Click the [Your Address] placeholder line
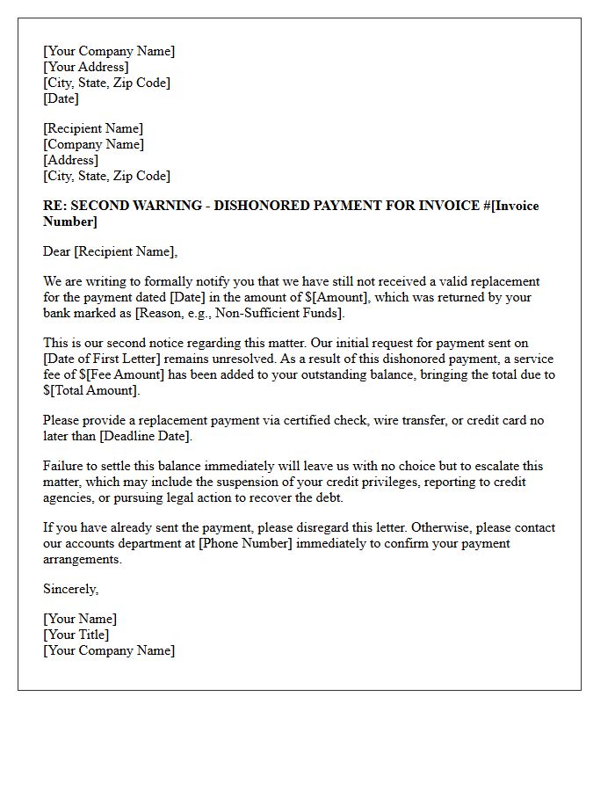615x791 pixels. point(85,67)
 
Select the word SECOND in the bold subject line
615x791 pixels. point(99,206)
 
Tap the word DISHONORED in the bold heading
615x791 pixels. point(257,206)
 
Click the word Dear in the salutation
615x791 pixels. point(57,251)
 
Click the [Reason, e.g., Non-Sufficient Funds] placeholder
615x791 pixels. point(240,313)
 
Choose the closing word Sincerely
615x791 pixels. point(70,589)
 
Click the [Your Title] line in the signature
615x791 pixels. point(76,635)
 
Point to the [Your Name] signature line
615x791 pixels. point(79,619)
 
